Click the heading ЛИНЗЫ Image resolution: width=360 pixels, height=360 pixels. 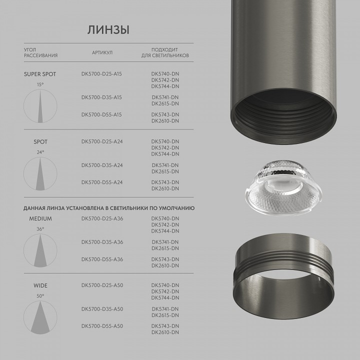(x=108, y=29)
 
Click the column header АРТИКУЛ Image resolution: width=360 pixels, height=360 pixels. (x=102, y=52)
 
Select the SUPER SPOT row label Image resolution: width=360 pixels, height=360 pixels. (x=40, y=74)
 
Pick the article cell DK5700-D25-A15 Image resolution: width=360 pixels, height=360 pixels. (x=101, y=74)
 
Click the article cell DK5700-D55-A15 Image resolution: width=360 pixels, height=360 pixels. (x=101, y=114)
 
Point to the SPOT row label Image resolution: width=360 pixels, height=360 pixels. (x=40, y=141)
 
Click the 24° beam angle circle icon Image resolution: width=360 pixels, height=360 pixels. (x=40, y=173)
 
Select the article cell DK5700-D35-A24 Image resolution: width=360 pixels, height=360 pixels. (x=102, y=165)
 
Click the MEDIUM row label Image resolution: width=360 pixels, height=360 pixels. (x=40, y=218)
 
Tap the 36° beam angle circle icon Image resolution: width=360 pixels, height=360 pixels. (x=40, y=250)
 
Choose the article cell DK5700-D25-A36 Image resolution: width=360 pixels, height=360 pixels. (x=102, y=218)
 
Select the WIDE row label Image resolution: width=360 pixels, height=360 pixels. (x=40, y=286)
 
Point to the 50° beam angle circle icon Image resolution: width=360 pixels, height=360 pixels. (x=40, y=318)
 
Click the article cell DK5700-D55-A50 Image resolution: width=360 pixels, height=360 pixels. (x=102, y=326)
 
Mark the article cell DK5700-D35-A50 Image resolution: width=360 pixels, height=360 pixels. (x=102, y=309)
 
